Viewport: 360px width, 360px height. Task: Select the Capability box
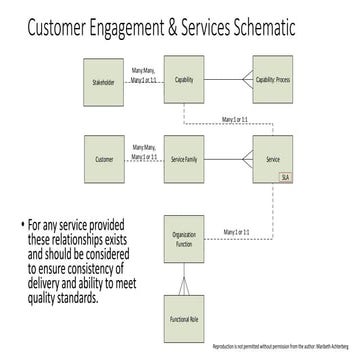click(x=183, y=80)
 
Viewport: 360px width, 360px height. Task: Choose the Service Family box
click(x=183, y=159)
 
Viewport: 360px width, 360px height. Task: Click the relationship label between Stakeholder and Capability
click(x=142, y=70)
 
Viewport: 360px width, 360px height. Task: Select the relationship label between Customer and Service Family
click(x=142, y=151)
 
